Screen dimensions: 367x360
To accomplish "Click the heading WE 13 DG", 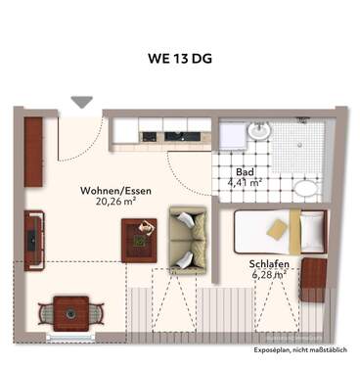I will [x=180, y=58].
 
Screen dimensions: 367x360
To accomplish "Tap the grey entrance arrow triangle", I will [x=82, y=102].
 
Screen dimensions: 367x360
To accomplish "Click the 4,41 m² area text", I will [x=244, y=183].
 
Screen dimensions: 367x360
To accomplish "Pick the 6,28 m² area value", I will [x=266, y=275].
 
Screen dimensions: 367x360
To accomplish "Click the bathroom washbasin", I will [x=259, y=130].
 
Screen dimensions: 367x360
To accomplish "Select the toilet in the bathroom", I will [x=306, y=189].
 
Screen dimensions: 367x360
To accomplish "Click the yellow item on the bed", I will [x=278, y=229].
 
